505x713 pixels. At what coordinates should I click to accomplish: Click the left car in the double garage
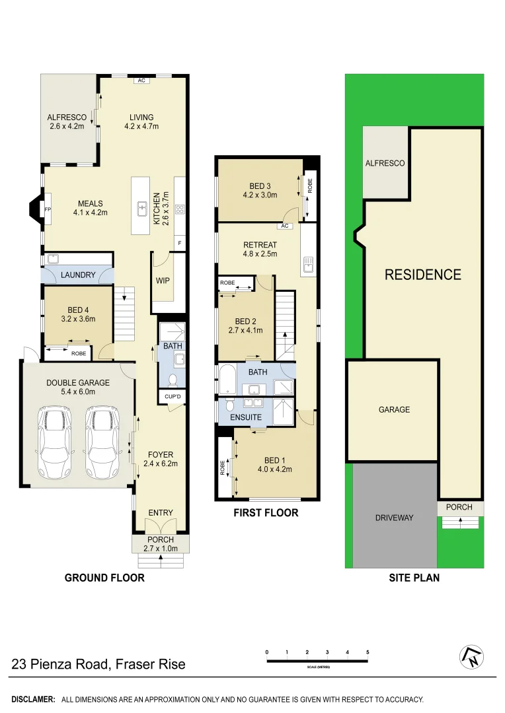(x=55, y=443)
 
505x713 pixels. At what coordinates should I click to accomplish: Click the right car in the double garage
(x=102, y=443)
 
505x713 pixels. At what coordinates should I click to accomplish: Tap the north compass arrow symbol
(x=471, y=656)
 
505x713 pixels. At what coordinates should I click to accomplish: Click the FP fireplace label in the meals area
(x=47, y=209)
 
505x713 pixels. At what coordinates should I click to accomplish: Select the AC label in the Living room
(x=141, y=81)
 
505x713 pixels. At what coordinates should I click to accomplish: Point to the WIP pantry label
(x=163, y=280)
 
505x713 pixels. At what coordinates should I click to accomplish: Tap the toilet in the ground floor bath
(x=172, y=380)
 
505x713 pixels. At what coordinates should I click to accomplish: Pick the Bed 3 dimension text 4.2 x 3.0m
(x=259, y=195)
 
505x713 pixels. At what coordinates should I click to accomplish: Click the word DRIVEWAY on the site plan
(x=394, y=518)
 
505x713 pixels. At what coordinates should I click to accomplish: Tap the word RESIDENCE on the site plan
(x=422, y=275)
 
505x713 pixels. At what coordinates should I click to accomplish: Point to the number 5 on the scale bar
(x=367, y=652)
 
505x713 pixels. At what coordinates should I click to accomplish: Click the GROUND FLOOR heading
(x=104, y=578)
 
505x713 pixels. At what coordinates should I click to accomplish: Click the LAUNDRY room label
(x=78, y=275)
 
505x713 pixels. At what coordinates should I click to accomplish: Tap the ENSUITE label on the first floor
(x=247, y=417)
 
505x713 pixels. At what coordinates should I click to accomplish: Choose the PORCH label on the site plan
(x=459, y=507)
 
